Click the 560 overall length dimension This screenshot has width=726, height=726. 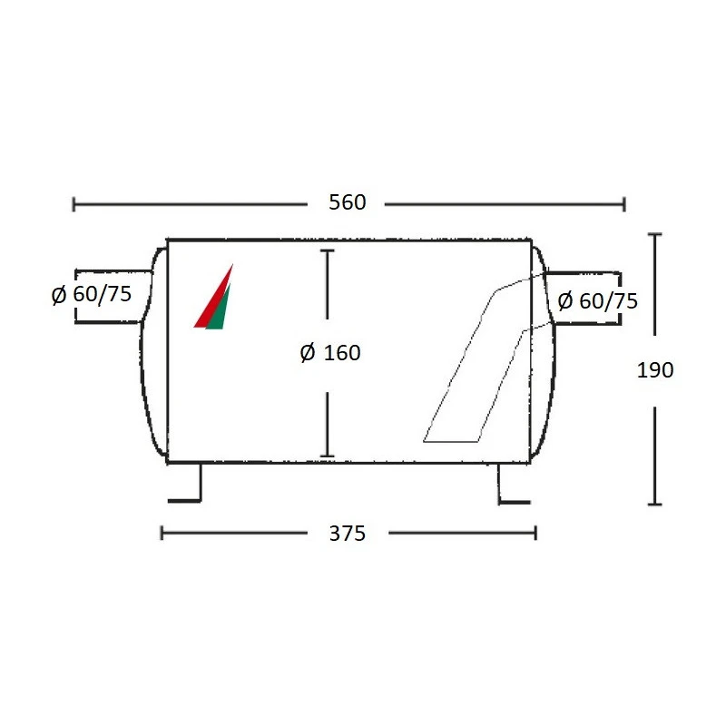tap(348, 202)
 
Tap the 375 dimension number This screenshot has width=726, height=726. tap(348, 534)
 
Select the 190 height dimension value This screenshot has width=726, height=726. tap(655, 370)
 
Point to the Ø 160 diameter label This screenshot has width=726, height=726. tap(330, 353)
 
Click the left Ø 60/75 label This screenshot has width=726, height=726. tap(92, 294)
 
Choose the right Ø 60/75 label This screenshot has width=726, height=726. tap(598, 301)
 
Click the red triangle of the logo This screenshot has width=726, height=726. tap(212, 297)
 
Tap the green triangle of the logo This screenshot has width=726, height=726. tap(219, 308)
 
